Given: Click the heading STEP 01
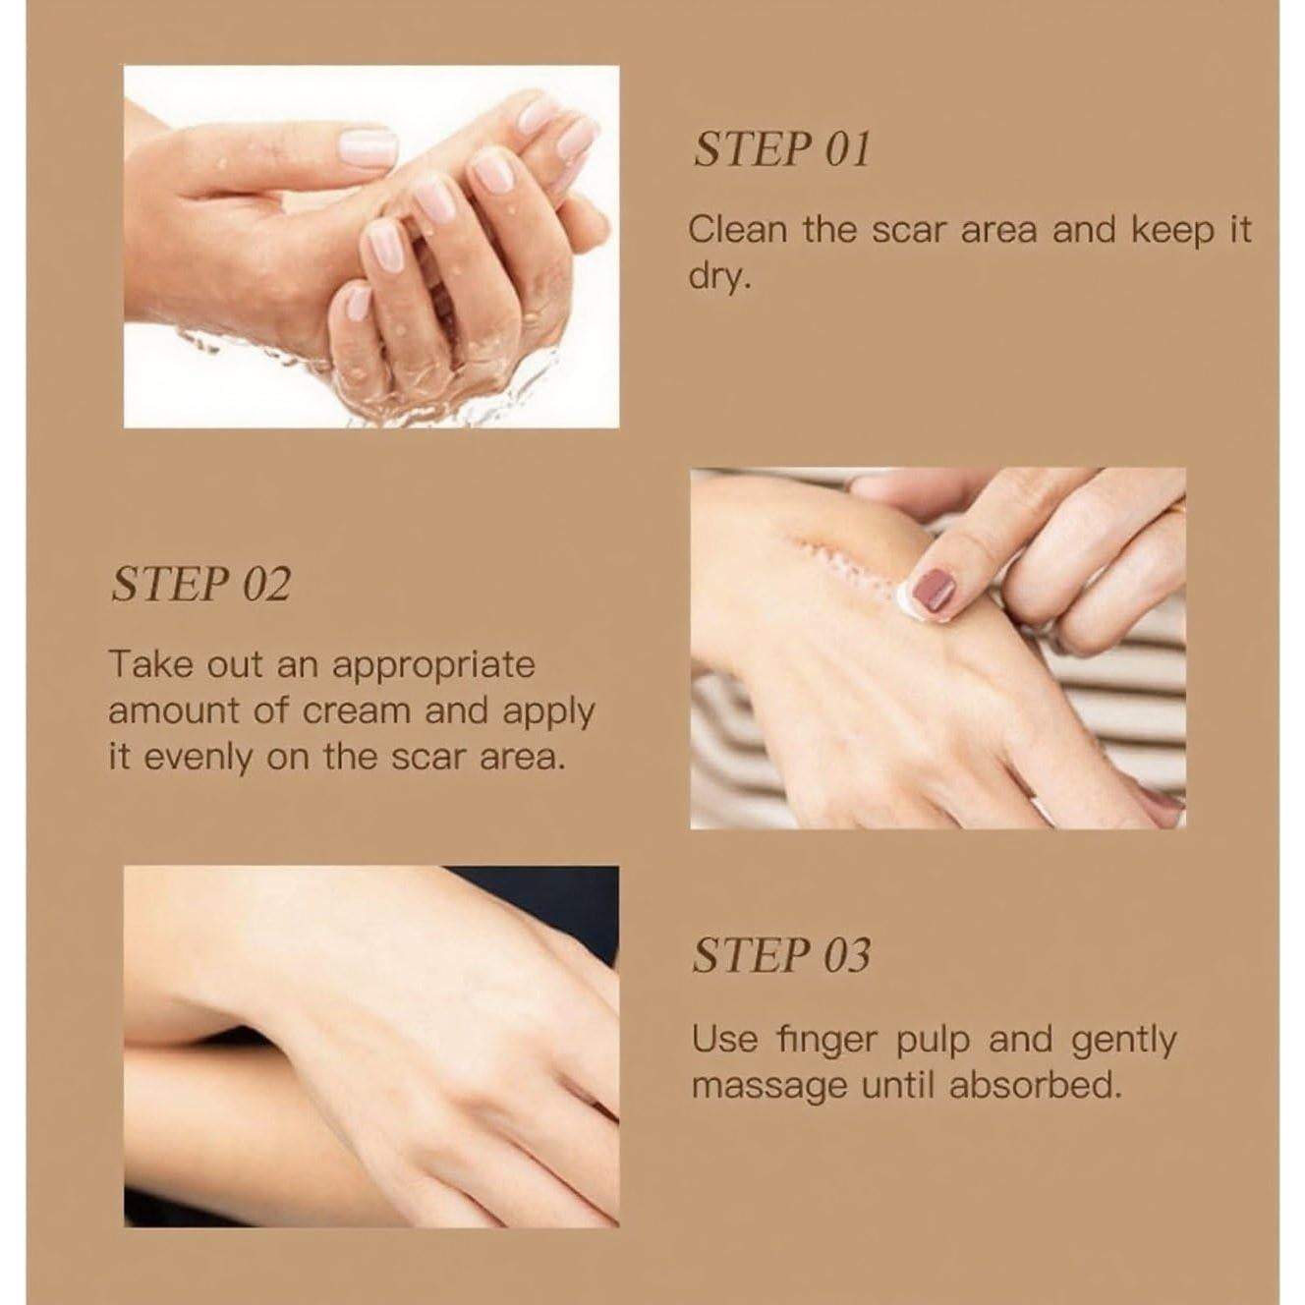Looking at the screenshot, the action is coord(782,149).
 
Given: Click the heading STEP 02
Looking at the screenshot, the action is coord(201,584).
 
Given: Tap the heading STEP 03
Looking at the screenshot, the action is coord(781,955).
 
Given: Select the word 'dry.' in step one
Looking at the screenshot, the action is coord(720,277).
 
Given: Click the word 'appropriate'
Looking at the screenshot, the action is coord(433,666).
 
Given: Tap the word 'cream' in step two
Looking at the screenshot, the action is coord(357,711).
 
